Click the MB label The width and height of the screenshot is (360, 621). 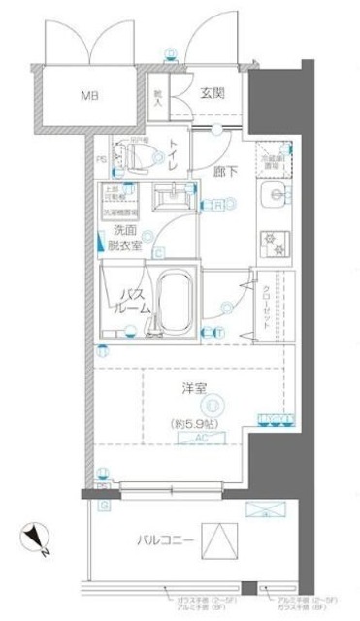(x=89, y=97)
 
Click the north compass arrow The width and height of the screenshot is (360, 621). (x=34, y=532)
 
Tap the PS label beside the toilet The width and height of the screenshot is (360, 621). (x=102, y=161)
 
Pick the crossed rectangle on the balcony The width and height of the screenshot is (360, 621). (x=262, y=509)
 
